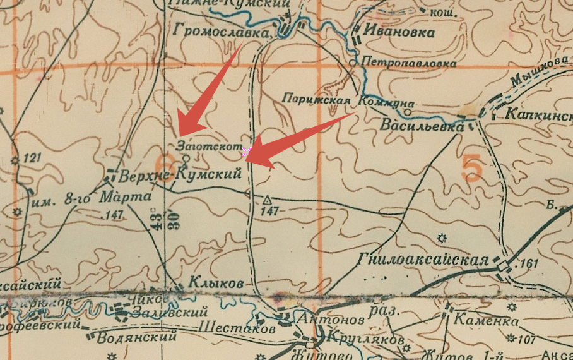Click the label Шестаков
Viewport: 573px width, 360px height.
237,329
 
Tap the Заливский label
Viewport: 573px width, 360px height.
170,313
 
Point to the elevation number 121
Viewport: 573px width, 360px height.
32,157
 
